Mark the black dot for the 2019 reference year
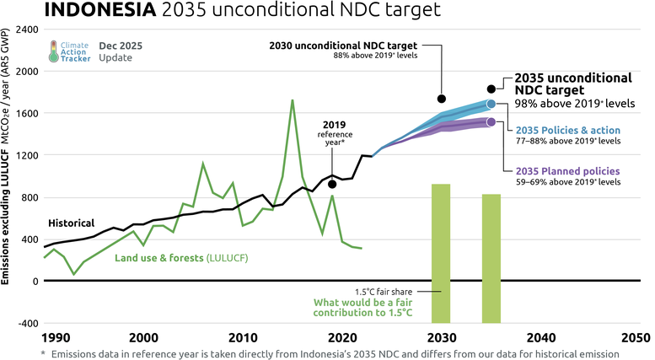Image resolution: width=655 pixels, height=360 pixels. point(333,184)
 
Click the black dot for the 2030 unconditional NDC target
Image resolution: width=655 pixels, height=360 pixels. point(442,99)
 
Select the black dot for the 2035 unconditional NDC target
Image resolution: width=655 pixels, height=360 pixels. point(491,89)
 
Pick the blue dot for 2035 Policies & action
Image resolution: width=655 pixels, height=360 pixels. point(491,104)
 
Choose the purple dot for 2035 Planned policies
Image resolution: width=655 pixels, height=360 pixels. point(491,122)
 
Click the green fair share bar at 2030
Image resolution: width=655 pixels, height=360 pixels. point(441,253)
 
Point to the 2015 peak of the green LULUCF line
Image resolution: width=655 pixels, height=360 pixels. point(292,100)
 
